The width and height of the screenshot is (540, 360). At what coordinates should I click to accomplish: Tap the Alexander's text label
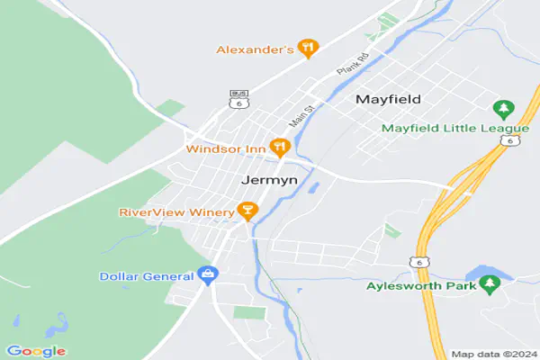pos(255,49)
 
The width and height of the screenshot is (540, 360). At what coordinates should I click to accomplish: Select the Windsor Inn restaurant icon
pos(280,147)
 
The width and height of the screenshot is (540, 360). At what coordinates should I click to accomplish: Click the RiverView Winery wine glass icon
pos(247,211)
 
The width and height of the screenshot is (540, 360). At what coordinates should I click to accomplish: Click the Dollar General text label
pos(147,275)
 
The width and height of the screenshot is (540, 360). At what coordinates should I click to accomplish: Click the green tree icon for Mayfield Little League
pos(503,110)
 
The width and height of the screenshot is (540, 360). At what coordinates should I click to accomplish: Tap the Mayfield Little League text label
pos(437,128)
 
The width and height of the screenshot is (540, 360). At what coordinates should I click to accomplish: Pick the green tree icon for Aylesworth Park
pos(490,285)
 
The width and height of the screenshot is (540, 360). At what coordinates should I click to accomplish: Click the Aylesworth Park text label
pos(419,288)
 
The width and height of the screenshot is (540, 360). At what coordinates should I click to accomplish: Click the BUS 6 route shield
pos(238,98)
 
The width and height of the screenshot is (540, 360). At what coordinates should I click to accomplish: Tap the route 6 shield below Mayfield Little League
pos(511,141)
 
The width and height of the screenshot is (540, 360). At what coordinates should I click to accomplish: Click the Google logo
pos(35,350)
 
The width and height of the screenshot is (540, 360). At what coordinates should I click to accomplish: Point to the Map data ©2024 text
pos(492,354)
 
